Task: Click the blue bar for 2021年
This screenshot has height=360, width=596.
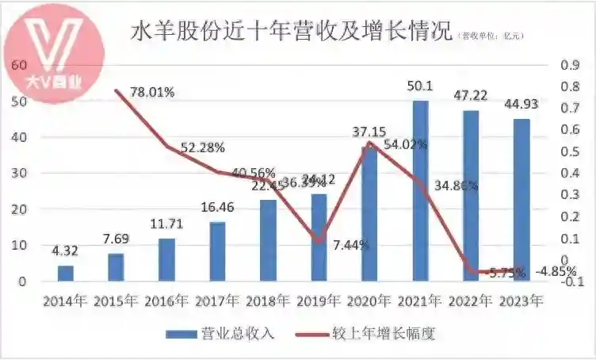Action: click(420, 190)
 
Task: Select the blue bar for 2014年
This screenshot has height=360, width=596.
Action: click(66, 273)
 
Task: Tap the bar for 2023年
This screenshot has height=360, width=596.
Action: click(521, 200)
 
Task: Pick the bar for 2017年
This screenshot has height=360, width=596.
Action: click(217, 251)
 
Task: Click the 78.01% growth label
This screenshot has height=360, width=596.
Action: click(152, 92)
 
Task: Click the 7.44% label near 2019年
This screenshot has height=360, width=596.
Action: click(350, 245)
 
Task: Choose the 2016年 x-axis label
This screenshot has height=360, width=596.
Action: click(166, 301)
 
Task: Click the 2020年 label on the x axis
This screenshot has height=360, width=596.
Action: click(369, 301)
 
